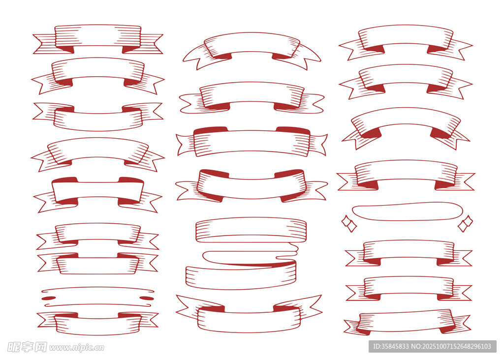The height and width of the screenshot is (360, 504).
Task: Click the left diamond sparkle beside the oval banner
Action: pos(349,223)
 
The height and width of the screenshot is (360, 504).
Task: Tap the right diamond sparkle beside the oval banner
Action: pos(465,223)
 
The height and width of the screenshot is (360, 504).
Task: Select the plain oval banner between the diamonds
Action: pos(407,211)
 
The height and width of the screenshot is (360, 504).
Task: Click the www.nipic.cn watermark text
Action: pos(77,348)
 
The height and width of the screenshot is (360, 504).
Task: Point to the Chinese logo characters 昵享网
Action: pos(27,347)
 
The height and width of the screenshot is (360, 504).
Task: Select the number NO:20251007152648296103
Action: pos(451,346)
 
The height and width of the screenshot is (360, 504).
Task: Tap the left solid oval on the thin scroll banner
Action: pos(47,299)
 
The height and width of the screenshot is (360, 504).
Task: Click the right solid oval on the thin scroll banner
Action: pos(147,299)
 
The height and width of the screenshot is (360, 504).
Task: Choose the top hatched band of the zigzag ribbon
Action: pos(251,229)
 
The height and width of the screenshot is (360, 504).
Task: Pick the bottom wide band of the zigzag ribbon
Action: pos(241,275)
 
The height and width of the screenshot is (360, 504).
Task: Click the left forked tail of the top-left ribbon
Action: pos(45,44)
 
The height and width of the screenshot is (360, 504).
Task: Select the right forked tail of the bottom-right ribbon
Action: pos(460,324)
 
